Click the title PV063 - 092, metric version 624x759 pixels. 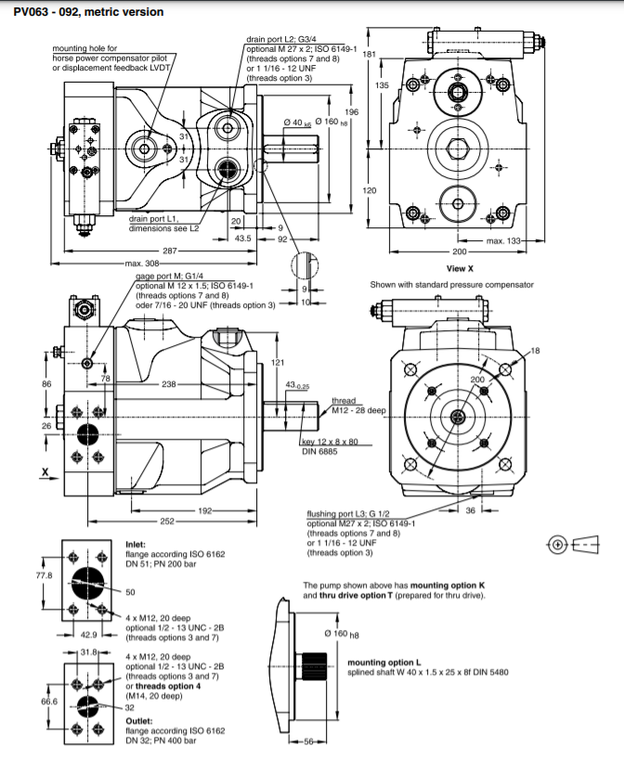[88, 12]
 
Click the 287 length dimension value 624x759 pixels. [170, 251]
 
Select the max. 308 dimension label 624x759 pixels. [141, 264]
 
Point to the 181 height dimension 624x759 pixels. [370, 54]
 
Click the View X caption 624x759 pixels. [460, 269]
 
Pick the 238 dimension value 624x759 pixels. [169, 384]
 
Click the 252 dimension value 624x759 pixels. [167, 521]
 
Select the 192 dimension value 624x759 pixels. [205, 510]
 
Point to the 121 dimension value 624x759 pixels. [278, 362]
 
